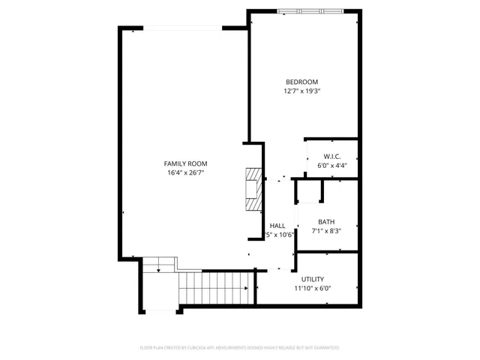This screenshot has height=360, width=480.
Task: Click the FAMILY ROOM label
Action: click(186, 163)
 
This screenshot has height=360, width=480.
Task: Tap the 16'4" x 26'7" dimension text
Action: click(186, 173)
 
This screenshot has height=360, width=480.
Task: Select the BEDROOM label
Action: click(301, 82)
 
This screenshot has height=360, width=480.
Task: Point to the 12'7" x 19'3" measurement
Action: click(301, 91)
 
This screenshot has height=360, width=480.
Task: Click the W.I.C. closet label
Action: click(333, 157)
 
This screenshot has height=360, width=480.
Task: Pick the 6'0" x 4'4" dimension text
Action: click(333, 166)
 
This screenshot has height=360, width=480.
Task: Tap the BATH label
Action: click(326, 221)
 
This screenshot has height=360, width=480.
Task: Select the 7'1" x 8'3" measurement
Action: click(326, 231)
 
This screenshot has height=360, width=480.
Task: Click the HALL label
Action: click(277, 226)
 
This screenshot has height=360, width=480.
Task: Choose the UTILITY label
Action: click(313, 279)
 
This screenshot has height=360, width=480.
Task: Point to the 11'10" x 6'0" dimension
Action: click(313, 288)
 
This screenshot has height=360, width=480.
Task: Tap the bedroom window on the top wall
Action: click(312, 10)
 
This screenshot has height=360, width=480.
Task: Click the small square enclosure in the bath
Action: click(309, 191)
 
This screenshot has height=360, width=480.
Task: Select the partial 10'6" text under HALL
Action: click(283, 235)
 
